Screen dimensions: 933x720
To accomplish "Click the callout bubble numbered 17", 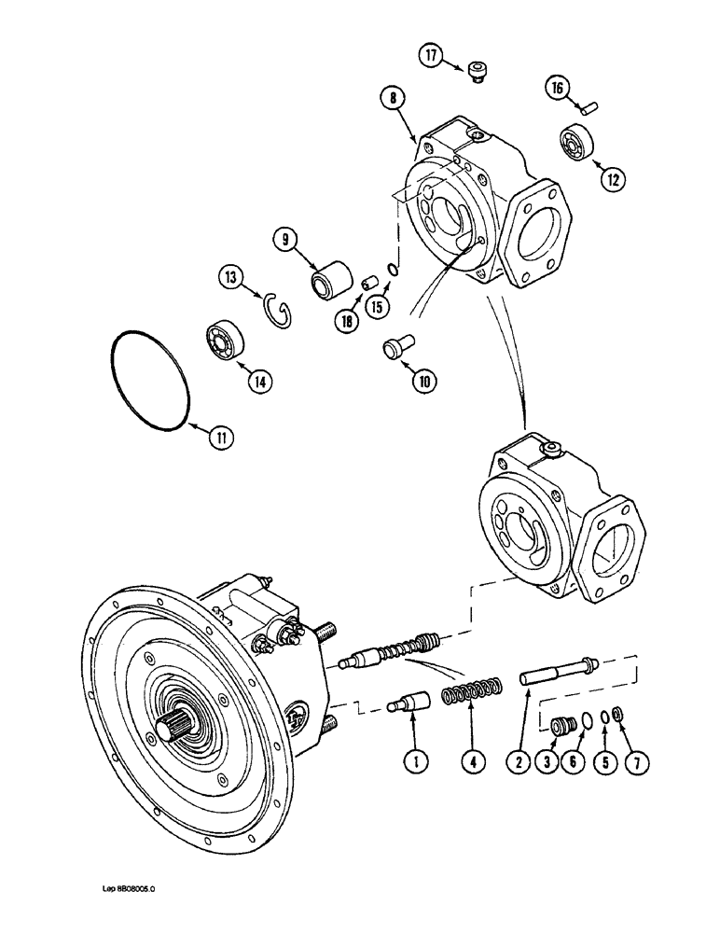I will pyautogui.click(x=431, y=56).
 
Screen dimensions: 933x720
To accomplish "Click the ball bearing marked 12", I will pyautogui.click(x=572, y=144).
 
